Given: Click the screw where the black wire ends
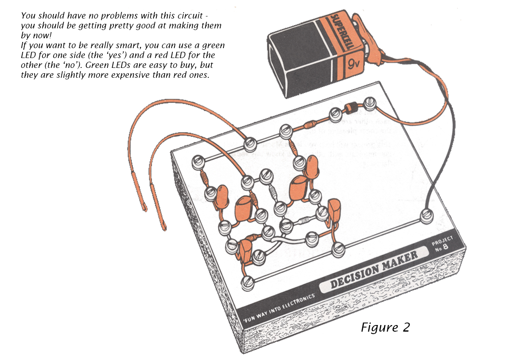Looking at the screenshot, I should (x=426, y=215).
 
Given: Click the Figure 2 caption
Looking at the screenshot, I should (x=385, y=327).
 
